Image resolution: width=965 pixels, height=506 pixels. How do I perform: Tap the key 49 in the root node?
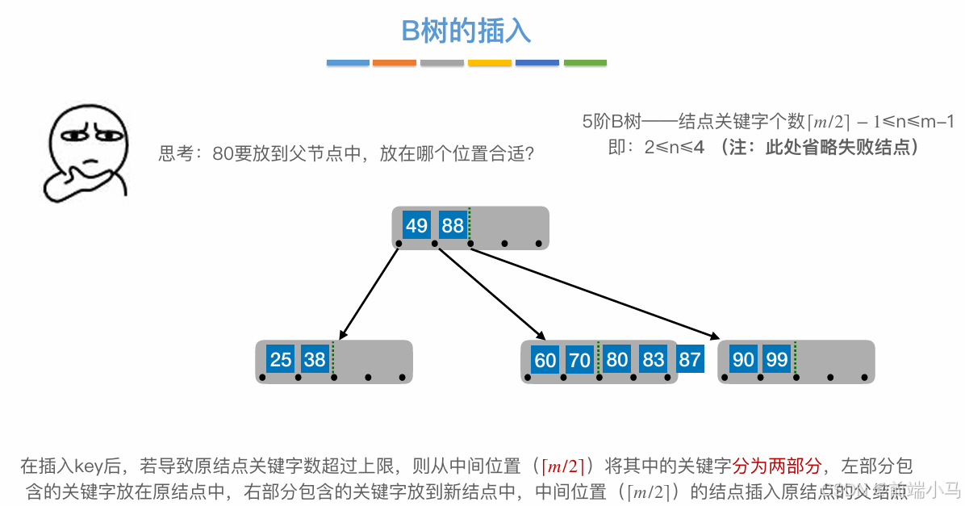[x=416, y=225]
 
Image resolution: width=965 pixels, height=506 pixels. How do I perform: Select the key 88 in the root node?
[x=453, y=225]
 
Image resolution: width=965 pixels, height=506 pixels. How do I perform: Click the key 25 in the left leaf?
[x=281, y=359]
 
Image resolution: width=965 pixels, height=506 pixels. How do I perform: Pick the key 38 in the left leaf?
[x=315, y=359]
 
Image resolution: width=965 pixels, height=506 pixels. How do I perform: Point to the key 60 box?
[x=545, y=360]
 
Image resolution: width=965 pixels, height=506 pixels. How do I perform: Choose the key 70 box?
[x=580, y=360]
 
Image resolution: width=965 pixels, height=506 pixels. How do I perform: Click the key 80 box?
[x=616, y=359]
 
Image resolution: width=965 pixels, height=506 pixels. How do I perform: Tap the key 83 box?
[x=654, y=359]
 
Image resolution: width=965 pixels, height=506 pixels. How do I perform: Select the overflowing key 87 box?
[x=689, y=359]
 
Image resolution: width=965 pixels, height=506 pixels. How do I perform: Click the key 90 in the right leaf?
[x=743, y=359]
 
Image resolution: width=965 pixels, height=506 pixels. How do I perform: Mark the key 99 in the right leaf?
[x=777, y=359]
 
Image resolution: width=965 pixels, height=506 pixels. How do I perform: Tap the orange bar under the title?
[x=395, y=63]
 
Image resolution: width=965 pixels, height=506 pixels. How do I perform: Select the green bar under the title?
[x=585, y=63]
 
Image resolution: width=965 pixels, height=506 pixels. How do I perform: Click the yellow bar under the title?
[x=490, y=63]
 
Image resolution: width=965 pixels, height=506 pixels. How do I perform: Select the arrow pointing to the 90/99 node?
[x=594, y=293]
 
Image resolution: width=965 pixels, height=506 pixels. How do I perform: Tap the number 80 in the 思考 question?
[x=223, y=154]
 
